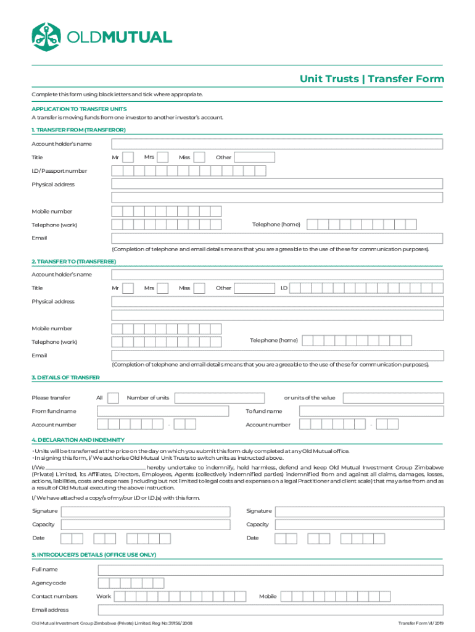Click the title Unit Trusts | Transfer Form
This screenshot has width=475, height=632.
(371, 79)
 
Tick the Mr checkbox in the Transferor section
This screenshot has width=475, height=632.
(128, 157)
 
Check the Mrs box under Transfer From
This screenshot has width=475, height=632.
(163, 157)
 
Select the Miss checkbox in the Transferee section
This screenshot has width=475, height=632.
(199, 288)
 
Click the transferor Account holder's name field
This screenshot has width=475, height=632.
(276, 144)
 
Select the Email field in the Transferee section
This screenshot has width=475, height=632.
(276, 355)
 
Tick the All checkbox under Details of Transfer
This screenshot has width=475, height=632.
(114, 398)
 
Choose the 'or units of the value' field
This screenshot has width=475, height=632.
(392, 398)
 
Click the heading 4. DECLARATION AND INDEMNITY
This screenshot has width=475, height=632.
(78, 440)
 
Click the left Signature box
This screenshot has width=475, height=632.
(144, 511)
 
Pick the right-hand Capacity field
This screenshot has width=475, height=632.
(358, 525)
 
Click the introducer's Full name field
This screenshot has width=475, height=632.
(270, 570)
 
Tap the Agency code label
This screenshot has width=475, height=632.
(49, 583)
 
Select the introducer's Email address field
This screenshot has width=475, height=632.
(270, 610)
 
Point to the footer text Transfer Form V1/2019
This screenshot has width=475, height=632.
(421, 623)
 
